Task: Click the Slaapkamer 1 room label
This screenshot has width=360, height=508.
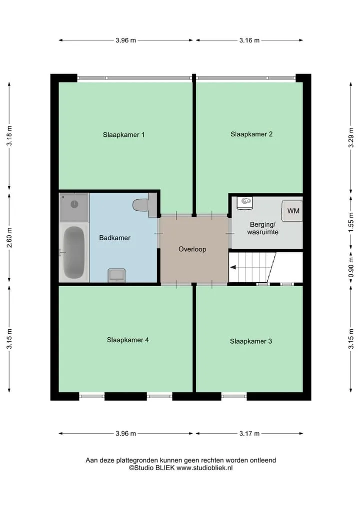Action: [x=123, y=135]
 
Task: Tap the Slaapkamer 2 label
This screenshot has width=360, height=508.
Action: [x=251, y=134]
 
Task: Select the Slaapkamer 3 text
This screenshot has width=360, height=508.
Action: [x=250, y=341]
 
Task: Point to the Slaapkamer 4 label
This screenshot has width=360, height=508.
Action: [x=128, y=340]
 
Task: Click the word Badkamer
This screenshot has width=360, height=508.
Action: [x=115, y=238]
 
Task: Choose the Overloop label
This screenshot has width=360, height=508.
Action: [x=192, y=249]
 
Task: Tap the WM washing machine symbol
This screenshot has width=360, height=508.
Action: [x=292, y=211]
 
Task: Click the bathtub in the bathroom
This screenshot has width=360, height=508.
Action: [x=74, y=252]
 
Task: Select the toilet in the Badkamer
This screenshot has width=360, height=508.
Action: [x=142, y=205]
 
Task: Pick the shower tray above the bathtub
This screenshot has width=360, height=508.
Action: [x=74, y=207]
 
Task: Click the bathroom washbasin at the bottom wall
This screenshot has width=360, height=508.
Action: [x=116, y=275]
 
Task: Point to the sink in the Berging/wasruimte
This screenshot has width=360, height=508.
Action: [x=245, y=203]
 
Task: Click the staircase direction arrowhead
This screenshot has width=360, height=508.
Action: [x=233, y=267]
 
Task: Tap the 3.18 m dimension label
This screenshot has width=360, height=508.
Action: [x=9, y=136]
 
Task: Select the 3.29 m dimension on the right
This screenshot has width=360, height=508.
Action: [x=351, y=137]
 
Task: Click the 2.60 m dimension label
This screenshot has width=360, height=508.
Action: [x=9, y=237]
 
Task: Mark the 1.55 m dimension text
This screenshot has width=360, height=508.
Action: [x=351, y=222]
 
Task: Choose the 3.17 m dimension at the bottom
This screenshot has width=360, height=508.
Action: [x=249, y=434]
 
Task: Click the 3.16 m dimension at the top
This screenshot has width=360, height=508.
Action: [x=249, y=40]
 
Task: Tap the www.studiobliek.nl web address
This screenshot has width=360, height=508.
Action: [x=204, y=468]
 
